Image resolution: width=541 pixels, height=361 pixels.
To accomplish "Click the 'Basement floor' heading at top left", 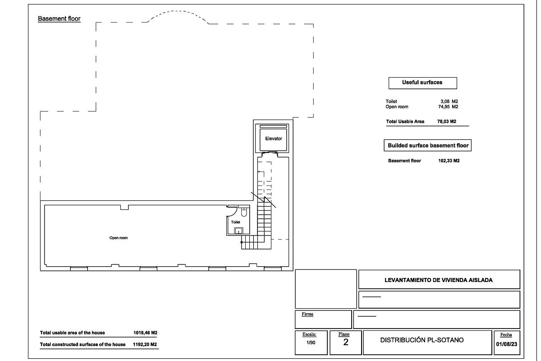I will pyautogui.click(x=59, y=19).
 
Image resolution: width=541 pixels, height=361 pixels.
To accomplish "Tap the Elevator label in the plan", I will pyautogui.click(x=274, y=139).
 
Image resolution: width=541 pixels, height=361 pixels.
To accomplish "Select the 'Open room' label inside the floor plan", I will pyautogui.click(x=119, y=238).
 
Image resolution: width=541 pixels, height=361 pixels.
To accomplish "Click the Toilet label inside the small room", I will pyautogui.click(x=235, y=222).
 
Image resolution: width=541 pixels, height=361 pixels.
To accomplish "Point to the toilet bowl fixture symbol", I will pyautogui.click(x=244, y=211).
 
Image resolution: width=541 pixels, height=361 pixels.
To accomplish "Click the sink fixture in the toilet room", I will pyautogui.click(x=238, y=231).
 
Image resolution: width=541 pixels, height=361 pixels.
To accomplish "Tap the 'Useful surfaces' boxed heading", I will pyautogui.click(x=422, y=83).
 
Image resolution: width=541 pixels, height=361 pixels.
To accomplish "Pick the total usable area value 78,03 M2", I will pyautogui.click(x=447, y=122).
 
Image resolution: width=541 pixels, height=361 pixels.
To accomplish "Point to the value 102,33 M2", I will pyautogui.click(x=449, y=161).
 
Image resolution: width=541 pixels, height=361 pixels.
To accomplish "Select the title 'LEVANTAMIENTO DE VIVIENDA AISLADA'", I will pyautogui.click(x=438, y=280).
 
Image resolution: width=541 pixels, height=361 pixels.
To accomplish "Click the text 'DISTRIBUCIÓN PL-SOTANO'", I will pyautogui.click(x=422, y=340).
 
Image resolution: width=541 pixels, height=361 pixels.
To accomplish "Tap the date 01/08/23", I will pyautogui.click(x=506, y=343).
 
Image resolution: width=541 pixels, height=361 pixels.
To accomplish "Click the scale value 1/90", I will pyautogui.click(x=311, y=343).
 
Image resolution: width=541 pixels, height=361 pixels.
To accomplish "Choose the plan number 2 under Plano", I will pyautogui.click(x=346, y=342).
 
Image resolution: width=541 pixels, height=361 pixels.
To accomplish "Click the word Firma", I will pyautogui.click(x=307, y=314).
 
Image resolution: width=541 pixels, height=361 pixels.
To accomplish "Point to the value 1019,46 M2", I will pyautogui.click(x=145, y=333).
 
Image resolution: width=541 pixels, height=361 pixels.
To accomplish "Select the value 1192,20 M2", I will pyautogui.click(x=145, y=344).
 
